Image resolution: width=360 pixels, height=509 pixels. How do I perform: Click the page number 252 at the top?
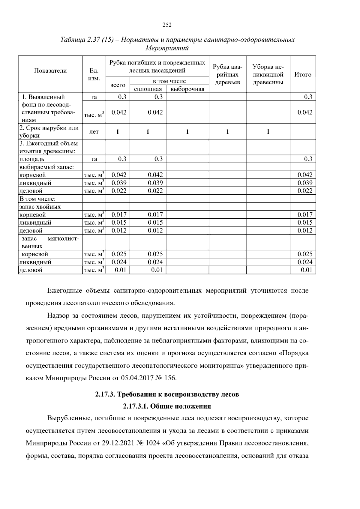167,25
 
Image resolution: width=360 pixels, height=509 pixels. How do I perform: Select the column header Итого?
302,74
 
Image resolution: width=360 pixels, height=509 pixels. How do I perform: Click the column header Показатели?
50,71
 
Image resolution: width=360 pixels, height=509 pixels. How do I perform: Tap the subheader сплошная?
148,89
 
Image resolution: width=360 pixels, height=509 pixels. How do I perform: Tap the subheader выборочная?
187,89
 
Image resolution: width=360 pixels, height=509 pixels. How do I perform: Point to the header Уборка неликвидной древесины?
268,74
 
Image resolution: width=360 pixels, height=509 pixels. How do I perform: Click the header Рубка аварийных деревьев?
227,74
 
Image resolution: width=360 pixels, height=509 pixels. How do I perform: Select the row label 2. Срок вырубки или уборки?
49,131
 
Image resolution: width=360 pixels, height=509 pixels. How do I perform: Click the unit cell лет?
94,132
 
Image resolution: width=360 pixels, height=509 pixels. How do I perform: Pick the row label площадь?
32,159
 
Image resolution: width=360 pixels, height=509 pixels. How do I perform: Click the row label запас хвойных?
40,207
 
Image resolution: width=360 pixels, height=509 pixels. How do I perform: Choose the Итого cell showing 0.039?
305,183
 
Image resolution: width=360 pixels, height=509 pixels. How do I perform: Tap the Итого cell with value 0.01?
307,270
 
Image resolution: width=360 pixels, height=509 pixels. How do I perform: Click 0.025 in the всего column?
119,254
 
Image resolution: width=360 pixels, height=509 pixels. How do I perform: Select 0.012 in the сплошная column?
155,230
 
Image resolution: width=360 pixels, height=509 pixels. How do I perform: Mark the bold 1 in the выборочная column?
187,132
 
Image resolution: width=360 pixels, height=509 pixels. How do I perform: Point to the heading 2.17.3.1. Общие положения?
167,406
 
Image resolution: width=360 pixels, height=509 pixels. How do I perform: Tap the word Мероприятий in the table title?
167,48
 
